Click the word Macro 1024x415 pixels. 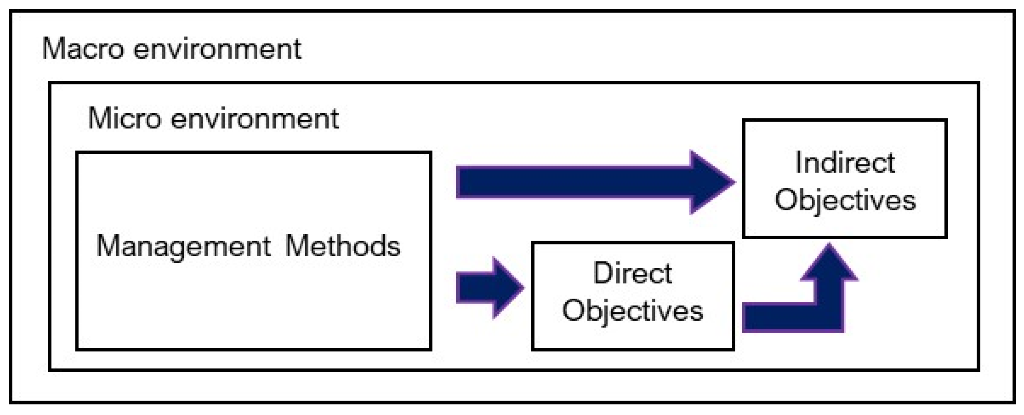[83, 49]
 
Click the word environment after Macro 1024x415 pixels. [217, 49]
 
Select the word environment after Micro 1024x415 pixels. [254, 119]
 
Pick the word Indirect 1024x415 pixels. [845, 163]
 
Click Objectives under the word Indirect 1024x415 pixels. [845, 201]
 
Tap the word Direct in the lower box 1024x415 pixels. [633, 273]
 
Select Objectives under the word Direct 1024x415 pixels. [633, 312]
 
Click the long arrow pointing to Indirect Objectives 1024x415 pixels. [595, 182]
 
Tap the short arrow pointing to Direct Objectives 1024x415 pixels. [490, 288]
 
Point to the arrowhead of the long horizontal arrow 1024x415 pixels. [713, 182]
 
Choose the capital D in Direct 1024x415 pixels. [603, 273]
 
